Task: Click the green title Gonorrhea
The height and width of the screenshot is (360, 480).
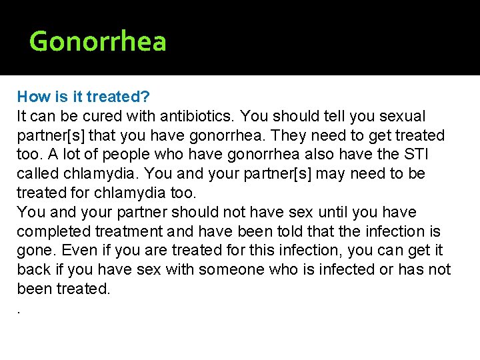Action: pos(98,41)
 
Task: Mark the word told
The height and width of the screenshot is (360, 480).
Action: pos(277,232)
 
